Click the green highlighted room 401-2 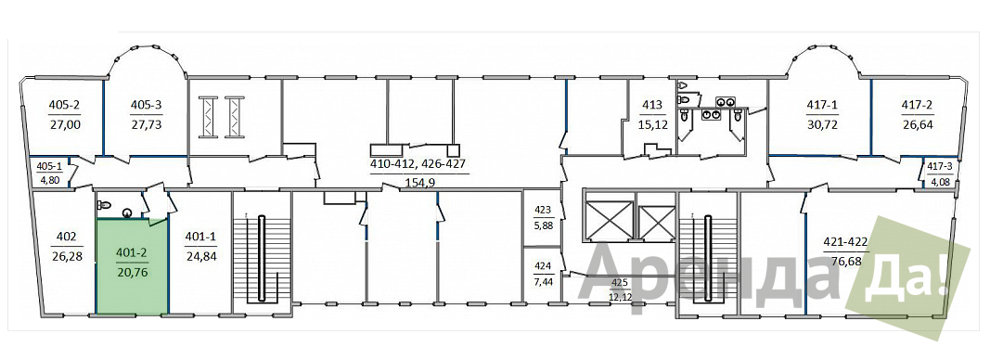pos(133,266)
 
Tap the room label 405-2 pos(65,105)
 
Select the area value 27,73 pos(146,124)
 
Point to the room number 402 pos(66,235)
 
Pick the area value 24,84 pos(200,256)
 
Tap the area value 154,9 pos(419,184)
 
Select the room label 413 pos(653,105)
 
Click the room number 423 pos(543,209)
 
